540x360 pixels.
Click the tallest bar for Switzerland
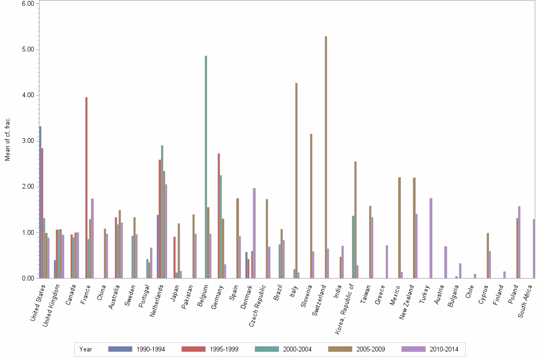[326, 157]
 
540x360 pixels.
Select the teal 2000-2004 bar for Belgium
[206, 167]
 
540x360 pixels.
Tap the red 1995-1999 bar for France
[86, 188]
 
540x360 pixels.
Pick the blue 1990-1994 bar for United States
[40, 202]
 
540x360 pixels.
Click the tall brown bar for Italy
[296, 180]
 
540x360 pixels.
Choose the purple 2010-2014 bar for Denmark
[254, 233]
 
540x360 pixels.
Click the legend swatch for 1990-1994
[120, 349]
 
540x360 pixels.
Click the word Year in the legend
[86, 350]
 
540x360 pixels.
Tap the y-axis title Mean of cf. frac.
[8, 139]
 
